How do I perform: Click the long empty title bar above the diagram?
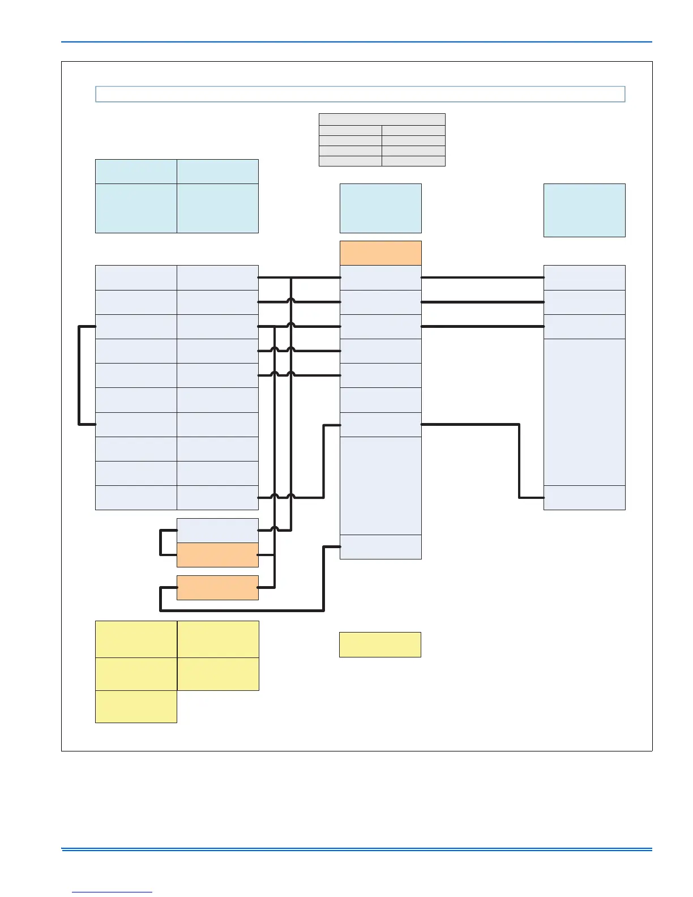(360, 94)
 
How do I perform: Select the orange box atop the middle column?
(380, 253)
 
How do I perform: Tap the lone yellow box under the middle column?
(380, 644)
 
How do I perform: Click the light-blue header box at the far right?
(584, 210)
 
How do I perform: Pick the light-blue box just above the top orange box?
(380, 208)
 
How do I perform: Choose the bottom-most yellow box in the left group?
(136, 706)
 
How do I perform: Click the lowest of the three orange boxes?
(217, 588)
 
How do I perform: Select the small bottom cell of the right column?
(584, 498)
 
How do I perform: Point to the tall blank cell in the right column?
(584, 412)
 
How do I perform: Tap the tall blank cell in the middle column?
(380, 485)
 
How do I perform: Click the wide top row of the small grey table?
(382, 119)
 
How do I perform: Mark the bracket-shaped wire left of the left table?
(79, 375)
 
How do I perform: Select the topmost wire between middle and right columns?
(482, 277)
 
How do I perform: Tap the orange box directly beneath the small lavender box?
(217, 555)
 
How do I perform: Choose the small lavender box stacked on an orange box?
(217, 531)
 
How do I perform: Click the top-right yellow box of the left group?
(218, 639)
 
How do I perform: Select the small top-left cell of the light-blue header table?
(136, 171)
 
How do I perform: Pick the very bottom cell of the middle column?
(380, 547)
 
